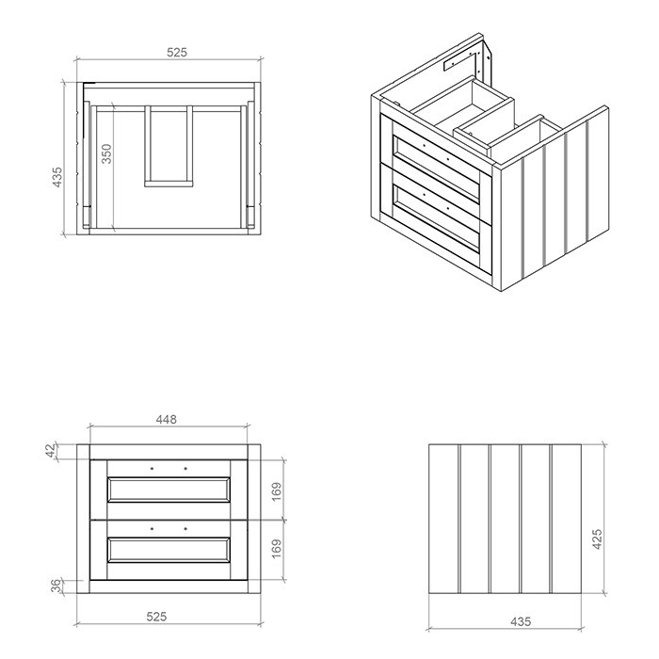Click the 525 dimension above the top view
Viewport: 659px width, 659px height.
tap(177, 53)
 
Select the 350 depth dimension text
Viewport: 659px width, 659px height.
tap(106, 153)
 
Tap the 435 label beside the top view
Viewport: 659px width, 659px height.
tap(57, 177)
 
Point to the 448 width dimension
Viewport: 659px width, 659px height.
tap(167, 420)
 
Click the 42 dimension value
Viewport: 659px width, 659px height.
tap(51, 451)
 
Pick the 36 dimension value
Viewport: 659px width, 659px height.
tap(56, 586)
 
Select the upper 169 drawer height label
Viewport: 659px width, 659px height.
tap(277, 491)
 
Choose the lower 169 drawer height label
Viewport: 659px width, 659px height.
tap(277, 549)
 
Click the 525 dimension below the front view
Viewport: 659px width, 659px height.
tap(157, 617)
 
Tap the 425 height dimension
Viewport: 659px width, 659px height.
tap(597, 538)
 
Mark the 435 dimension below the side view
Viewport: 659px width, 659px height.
tap(521, 621)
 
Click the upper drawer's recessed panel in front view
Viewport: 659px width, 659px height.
tap(169, 490)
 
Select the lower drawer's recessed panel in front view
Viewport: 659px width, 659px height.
tap(169, 550)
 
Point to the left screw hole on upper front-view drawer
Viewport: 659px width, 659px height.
tap(153, 468)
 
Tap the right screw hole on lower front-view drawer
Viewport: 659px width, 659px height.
tap(185, 529)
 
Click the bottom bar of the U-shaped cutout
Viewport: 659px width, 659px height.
tap(169, 184)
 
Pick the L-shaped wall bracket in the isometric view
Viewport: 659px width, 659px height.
tap(461, 59)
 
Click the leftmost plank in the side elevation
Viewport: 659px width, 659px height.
tap(443, 519)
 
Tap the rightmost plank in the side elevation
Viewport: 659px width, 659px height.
tap(566, 519)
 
